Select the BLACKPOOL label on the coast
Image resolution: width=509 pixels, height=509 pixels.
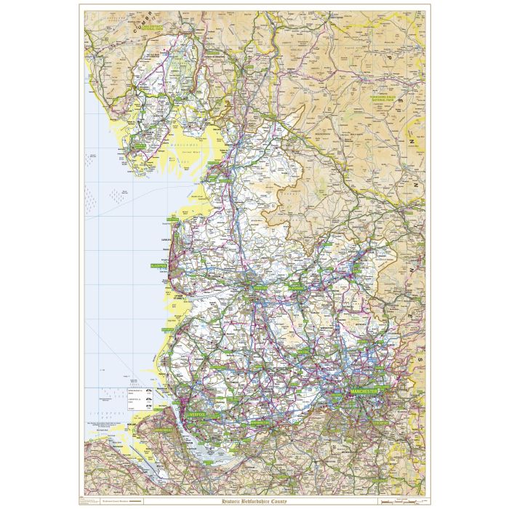159,267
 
